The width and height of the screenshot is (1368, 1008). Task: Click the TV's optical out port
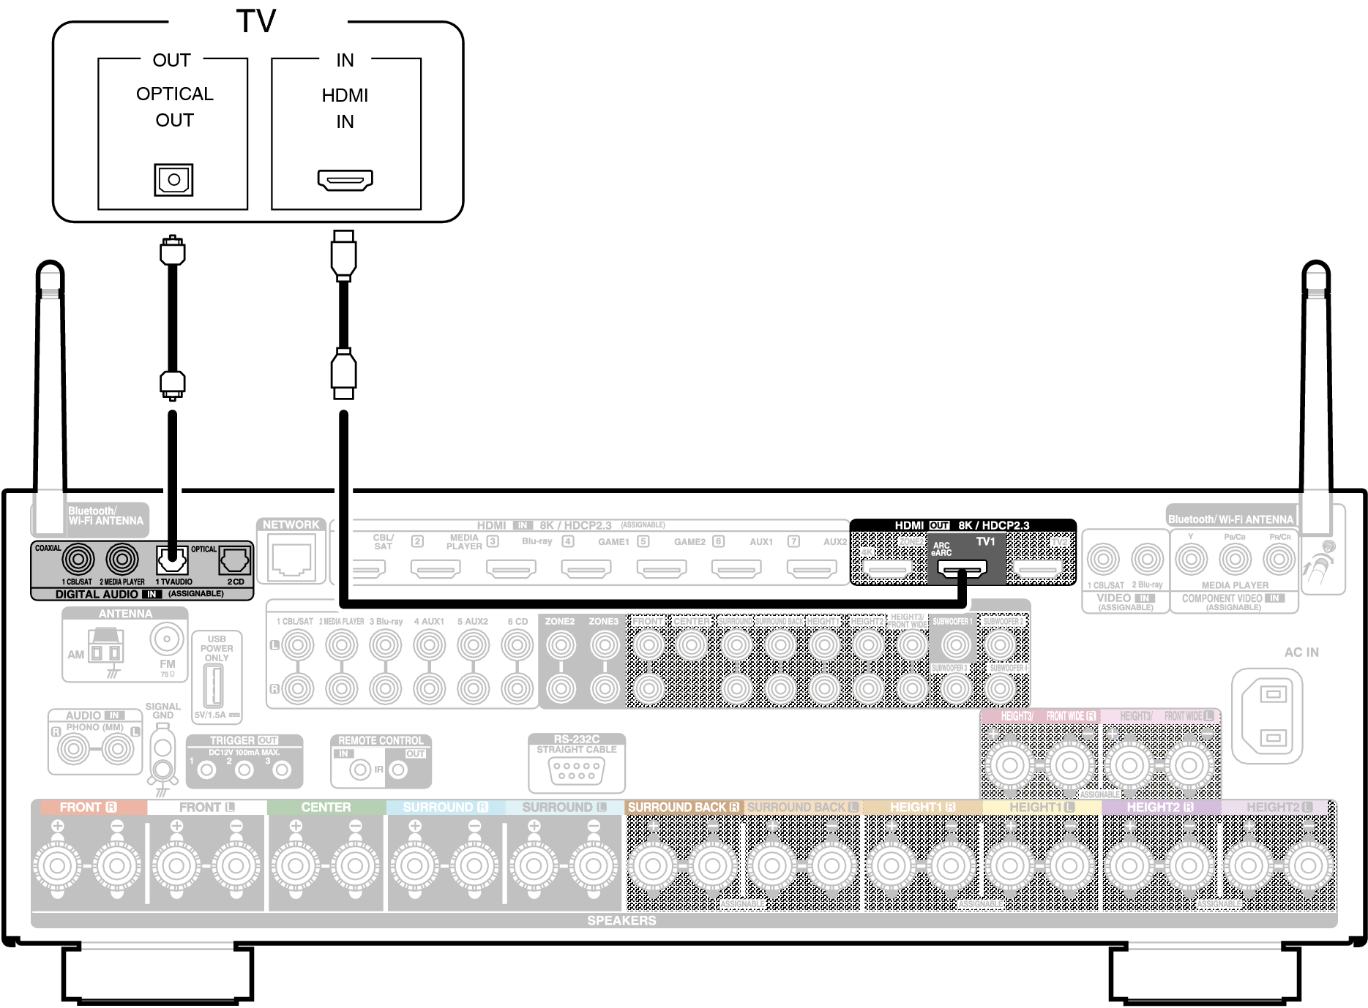click(x=173, y=180)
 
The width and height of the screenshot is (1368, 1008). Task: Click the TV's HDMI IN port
click(x=345, y=179)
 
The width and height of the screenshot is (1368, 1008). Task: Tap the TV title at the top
click(x=256, y=21)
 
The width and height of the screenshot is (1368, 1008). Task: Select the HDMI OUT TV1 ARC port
click(x=962, y=568)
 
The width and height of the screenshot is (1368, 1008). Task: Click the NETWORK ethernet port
click(x=291, y=560)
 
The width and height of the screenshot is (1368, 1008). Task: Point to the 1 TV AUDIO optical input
click(x=172, y=560)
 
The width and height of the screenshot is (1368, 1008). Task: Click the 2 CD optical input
click(x=235, y=560)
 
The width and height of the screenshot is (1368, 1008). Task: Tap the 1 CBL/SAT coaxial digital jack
click(x=78, y=560)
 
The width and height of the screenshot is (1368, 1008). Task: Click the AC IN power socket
click(x=1273, y=715)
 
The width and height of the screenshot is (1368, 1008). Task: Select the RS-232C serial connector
click(x=577, y=770)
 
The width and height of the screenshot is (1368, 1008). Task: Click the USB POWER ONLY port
click(x=213, y=686)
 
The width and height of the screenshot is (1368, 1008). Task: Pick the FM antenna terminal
click(x=167, y=639)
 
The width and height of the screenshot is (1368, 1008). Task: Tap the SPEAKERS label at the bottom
click(x=621, y=920)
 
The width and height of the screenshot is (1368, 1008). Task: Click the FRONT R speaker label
click(x=88, y=807)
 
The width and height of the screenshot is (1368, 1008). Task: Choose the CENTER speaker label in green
click(x=326, y=807)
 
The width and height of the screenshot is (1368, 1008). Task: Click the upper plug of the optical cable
click(x=172, y=251)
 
